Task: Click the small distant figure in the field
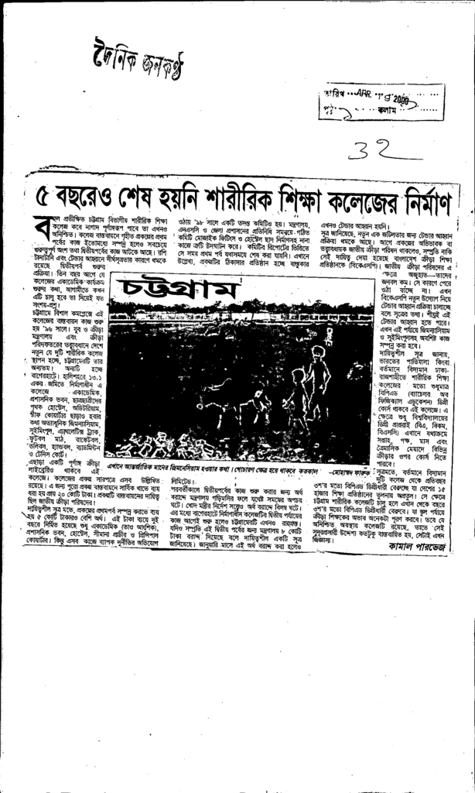329,335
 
